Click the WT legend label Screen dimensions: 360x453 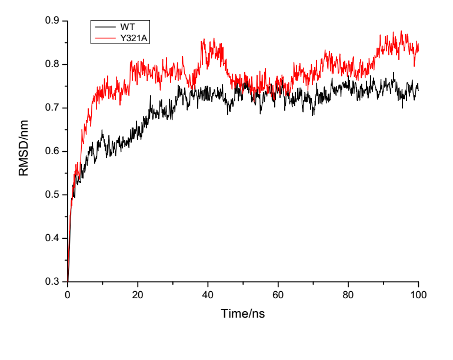[x=127, y=28]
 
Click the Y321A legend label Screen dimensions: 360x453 [x=132, y=37]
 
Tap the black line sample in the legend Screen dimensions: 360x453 [x=104, y=27]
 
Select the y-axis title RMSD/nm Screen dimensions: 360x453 [x=24, y=152]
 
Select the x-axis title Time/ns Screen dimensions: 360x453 [x=242, y=314]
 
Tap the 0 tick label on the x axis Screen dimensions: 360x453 [x=68, y=294]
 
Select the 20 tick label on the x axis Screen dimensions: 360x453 [x=138, y=294]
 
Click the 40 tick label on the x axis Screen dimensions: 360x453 [x=208, y=294]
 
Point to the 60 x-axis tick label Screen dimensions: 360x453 [x=278, y=294]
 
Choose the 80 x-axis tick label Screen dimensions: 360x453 [x=348, y=294]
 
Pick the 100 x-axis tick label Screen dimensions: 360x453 [x=418, y=294]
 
